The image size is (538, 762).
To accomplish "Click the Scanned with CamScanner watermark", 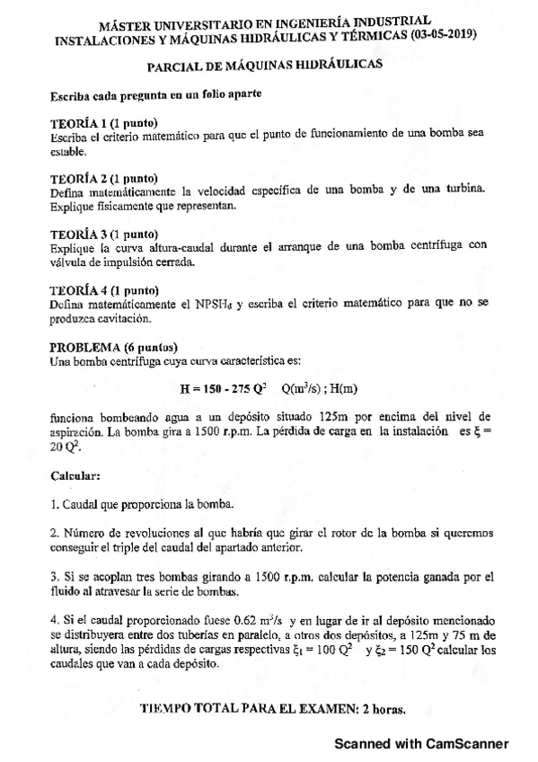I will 421,744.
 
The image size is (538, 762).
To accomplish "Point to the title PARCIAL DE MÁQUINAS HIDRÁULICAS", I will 265,65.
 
